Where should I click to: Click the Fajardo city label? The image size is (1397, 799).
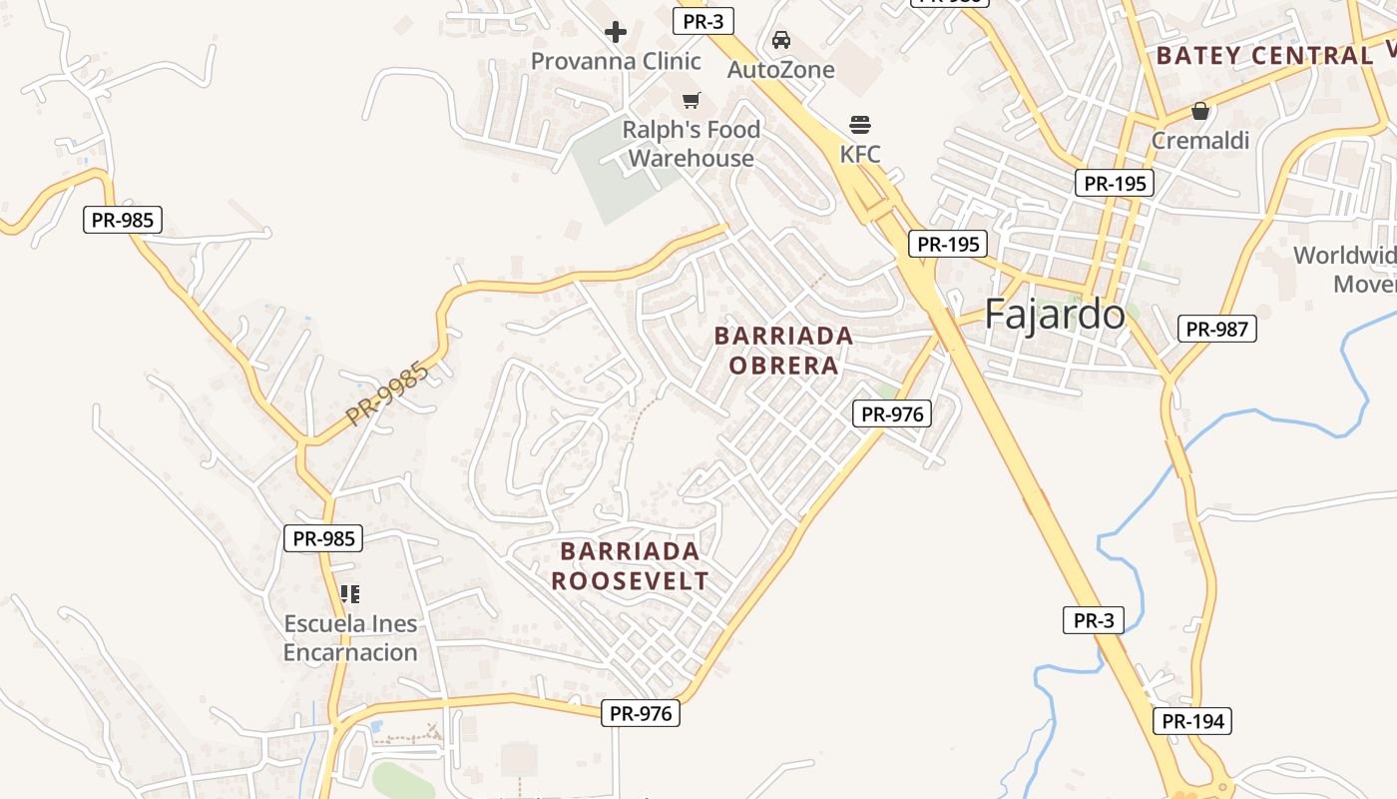[1054, 315]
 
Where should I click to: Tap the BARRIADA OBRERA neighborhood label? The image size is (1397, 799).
[783, 351]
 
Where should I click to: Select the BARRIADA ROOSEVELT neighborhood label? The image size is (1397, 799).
[630, 566]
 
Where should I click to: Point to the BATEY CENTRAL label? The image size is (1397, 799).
[1264, 56]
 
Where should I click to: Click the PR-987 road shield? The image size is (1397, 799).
[1216, 329]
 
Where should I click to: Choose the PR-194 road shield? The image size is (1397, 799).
[1191, 721]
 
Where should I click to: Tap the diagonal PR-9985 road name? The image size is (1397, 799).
[388, 395]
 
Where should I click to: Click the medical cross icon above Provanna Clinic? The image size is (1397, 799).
[616, 32]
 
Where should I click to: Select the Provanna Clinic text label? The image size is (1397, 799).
[616, 61]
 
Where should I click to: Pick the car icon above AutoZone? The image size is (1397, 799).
[780, 40]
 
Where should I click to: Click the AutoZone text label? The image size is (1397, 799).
[780, 70]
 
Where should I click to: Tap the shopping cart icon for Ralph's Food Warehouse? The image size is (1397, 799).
[691, 100]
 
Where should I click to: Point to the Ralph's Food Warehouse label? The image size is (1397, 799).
[691, 144]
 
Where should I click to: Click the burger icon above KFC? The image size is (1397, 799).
[860, 125]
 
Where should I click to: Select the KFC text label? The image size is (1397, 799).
[860, 154]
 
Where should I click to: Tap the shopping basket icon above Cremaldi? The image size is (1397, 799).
[1199, 111]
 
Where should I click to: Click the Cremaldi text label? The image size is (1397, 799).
[1199, 141]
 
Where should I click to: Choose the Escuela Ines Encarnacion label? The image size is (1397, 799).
[350, 638]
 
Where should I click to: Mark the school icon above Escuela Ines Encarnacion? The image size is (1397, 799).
[349, 594]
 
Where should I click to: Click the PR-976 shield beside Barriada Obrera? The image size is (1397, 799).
[892, 413]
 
